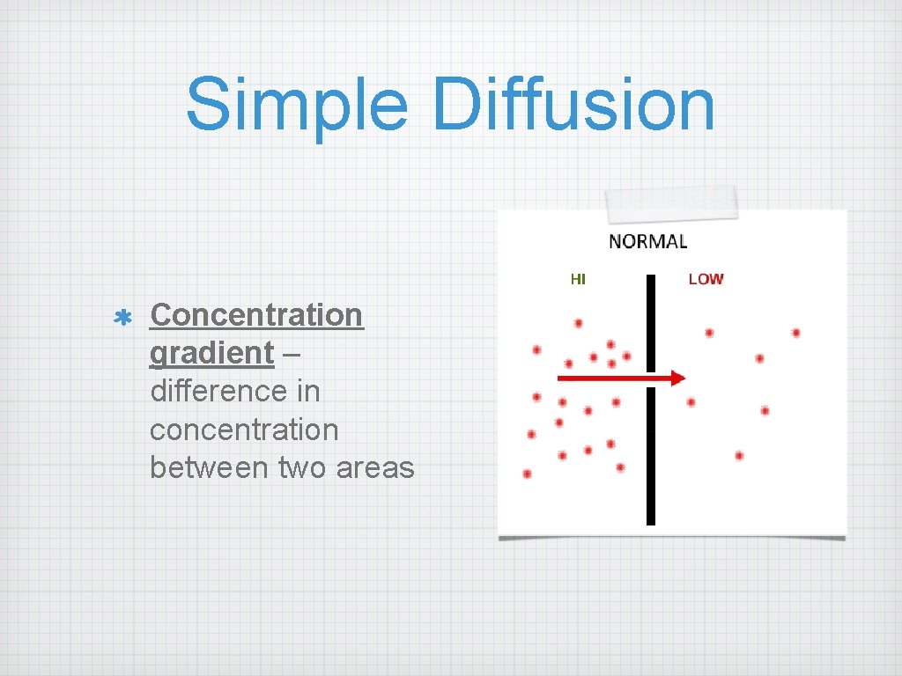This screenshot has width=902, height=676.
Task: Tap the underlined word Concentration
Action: [x=256, y=314]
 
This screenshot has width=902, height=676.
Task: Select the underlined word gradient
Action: [x=211, y=353]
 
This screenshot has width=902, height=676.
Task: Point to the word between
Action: [x=209, y=467]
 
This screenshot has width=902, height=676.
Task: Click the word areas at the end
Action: [x=374, y=467]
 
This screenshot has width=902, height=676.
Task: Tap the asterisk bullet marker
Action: [x=122, y=316]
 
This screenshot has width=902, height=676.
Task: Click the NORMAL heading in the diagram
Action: [x=647, y=241]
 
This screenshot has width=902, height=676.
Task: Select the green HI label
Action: [x=578, y=279]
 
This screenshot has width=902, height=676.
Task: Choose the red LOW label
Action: [x=706, y=279]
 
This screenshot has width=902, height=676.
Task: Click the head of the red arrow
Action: [x=676, y=378]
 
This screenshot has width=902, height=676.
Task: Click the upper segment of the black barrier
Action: [x=651, y=322]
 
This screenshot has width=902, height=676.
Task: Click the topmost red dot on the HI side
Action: [x=579, y=323]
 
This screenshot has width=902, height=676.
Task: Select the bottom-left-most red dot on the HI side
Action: [x=527, y=474]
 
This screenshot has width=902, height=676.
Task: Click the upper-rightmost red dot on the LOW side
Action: [x=795, y=333]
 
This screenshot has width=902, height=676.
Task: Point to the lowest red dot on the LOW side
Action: [x=739, y=456]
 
